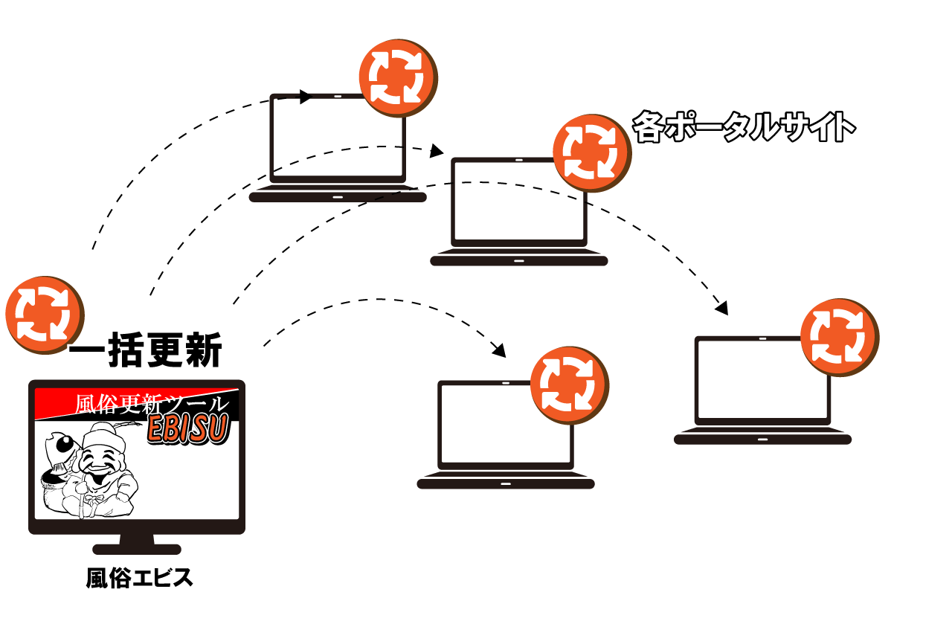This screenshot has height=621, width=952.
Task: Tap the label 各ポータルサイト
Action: pos(743,127)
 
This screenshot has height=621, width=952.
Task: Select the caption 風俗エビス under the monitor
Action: pos(139,578)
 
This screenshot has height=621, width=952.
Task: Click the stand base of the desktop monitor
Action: pos(137,549)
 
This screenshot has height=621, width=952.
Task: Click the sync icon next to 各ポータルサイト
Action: pos(591,152)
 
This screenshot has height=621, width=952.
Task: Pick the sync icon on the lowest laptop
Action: pos(570,384)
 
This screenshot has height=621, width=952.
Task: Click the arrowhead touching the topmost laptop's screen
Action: pos(304,97)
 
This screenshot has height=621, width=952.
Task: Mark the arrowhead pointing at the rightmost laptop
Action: pos(721,307)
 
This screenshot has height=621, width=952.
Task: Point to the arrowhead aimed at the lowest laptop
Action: pos(499,349)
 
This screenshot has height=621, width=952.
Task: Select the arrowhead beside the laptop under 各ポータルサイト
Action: pos(437,151)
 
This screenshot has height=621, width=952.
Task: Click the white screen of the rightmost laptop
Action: pos(759,381)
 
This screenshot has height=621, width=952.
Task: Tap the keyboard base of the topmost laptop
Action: pos(338,197)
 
